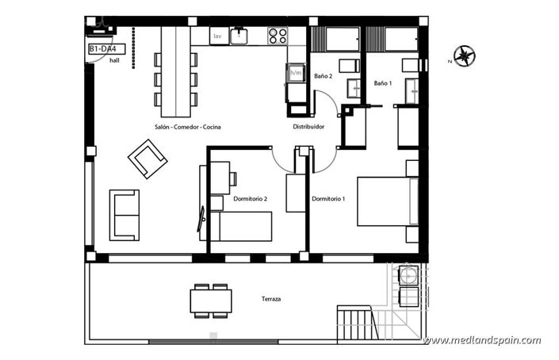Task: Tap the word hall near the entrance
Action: [x=116, y=60]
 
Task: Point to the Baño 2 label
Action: [x=323, y=76]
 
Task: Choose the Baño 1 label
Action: [x=382, y=83]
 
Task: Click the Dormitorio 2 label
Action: [x=251, y=198]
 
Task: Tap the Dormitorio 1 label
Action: [x=328, y=198]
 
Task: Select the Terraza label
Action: [x=272, y=299]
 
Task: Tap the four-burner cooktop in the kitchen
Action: [x=278, y=35]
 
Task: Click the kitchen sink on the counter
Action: [x=239, y=35]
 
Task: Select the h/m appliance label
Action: [x=296, y=74]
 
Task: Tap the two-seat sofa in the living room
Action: [x=124, y=214]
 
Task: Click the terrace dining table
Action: [x=212, y=301]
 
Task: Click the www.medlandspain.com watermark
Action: [x=482, y=340]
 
